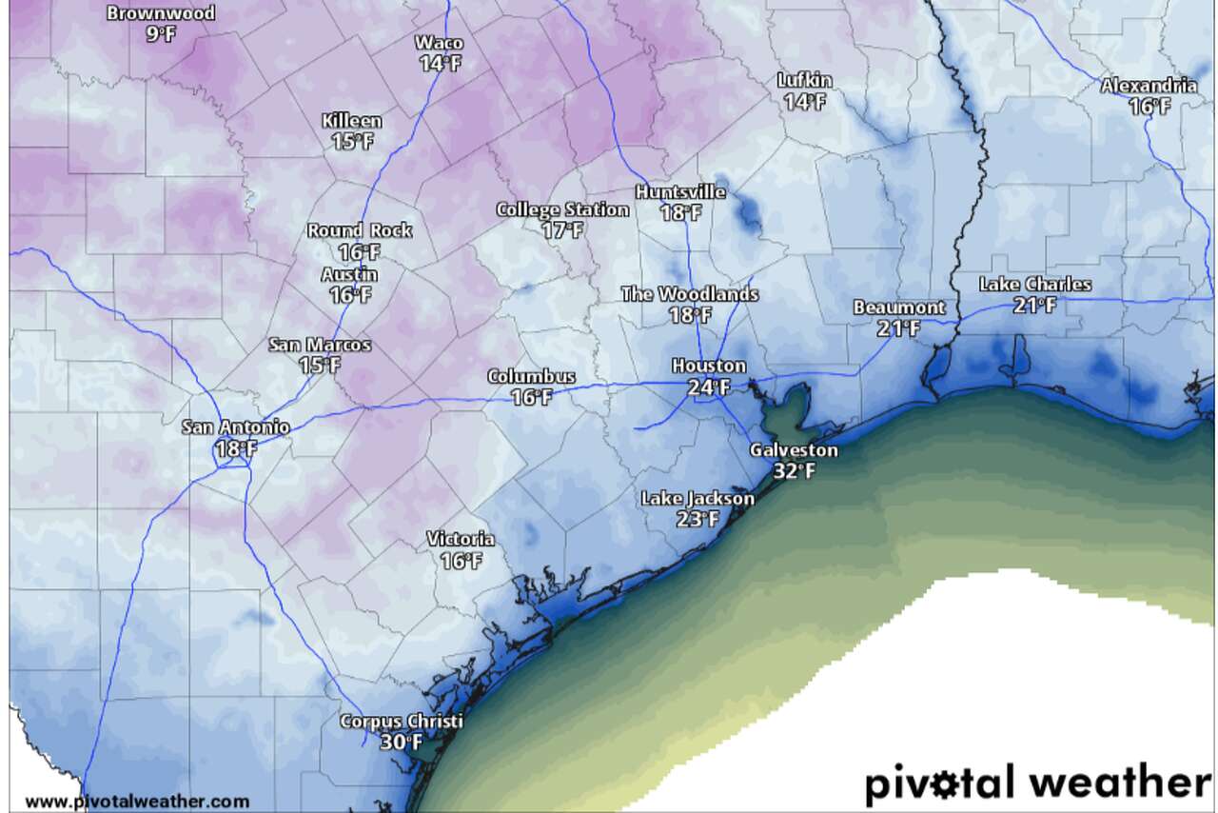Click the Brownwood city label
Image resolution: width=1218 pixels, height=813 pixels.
pos(161,13)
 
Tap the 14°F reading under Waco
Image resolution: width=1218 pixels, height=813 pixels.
pos(439,64)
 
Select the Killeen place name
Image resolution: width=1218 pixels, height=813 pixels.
pos(351,121)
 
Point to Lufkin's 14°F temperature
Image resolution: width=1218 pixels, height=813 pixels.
pos(804,101)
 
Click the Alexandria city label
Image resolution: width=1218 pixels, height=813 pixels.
pos(1149,86)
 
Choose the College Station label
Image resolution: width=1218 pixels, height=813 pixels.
pos(562,209)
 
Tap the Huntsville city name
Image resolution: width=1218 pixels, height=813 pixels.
pos(680,192)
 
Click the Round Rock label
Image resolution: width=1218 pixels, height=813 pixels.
pos(359,230)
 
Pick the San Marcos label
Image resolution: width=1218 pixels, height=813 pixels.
pos(320,345)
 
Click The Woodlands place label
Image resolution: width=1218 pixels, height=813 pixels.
pos(689,294)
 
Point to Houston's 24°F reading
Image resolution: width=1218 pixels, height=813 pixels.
pos(709,387)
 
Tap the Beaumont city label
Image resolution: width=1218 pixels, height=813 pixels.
pos(899,307)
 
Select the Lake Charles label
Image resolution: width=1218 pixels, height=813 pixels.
pos(1035,285)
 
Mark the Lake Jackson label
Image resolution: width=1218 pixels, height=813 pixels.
pos(697,499)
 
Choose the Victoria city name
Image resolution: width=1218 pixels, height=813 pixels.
pos(461,540)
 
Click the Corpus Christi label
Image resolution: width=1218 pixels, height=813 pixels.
pos(401,722)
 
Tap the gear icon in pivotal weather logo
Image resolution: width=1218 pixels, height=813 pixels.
pos(953,784)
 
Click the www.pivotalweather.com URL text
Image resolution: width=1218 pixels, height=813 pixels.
pos(137,803)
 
